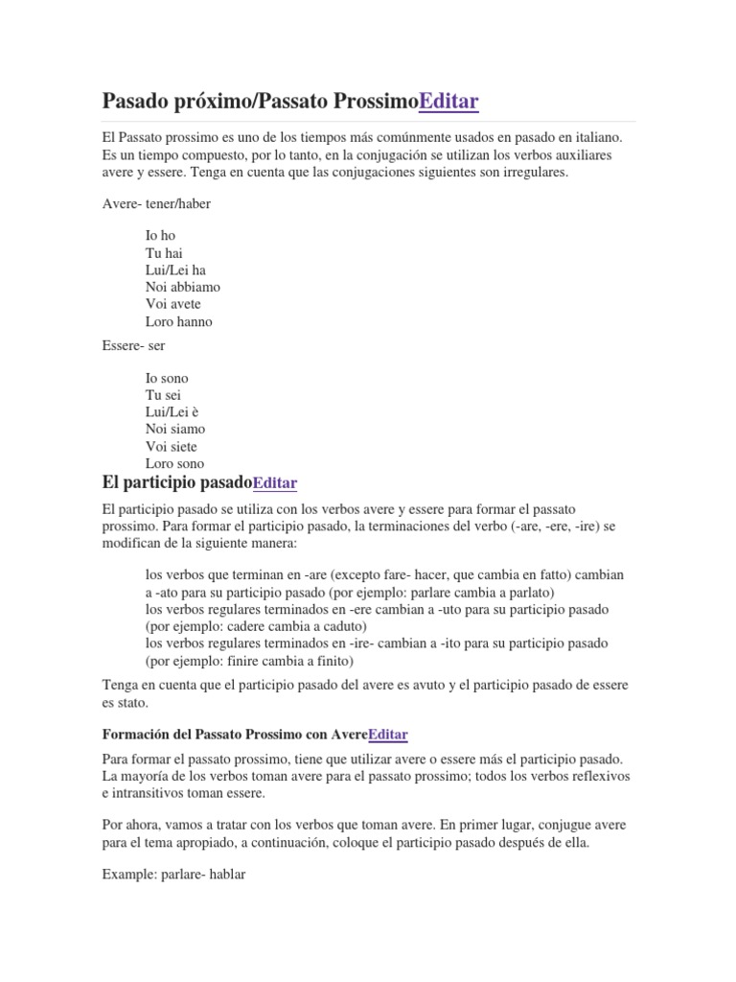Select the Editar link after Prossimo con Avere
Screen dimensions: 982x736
387,735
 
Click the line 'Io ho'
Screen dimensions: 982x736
161,235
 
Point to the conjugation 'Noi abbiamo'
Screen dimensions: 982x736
183,287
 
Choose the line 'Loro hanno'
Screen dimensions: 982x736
179,321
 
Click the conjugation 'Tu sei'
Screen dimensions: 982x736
164,394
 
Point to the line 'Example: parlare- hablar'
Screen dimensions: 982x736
173,874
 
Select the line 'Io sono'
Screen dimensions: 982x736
168,378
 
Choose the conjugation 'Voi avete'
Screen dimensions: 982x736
173,304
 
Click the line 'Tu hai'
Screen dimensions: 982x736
164,252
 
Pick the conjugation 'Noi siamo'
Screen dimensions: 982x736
175,429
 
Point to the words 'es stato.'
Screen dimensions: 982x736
125,702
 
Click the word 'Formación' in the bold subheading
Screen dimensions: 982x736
135,735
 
